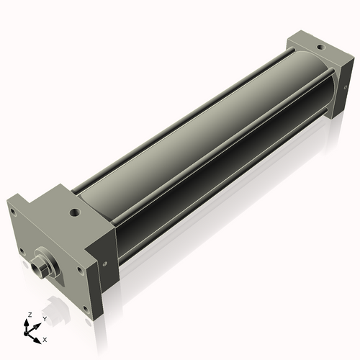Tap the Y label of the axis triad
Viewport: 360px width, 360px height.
click(44, 318)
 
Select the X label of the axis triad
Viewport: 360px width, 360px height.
click(45, 338)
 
